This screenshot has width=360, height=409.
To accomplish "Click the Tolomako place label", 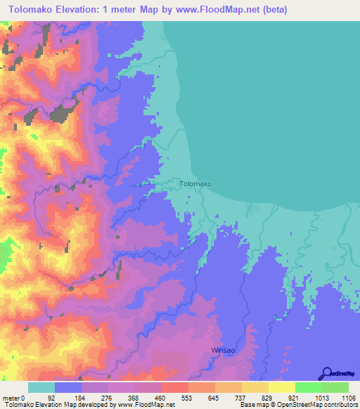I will coord(195,183).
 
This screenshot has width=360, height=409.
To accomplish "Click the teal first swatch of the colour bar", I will coord(41,387).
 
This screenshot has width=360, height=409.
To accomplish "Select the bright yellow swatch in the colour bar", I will coord(281,387).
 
